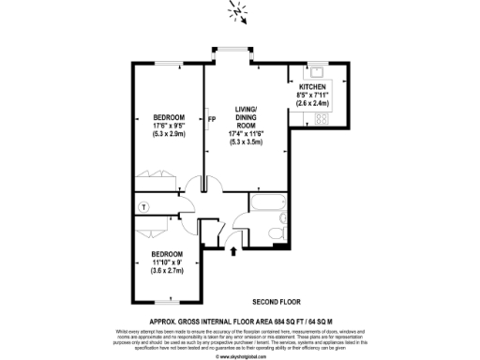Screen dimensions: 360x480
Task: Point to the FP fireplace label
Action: (x=213, y=119)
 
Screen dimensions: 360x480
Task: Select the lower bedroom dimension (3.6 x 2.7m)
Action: (x=166, y=270)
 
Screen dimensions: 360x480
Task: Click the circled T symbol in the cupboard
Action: (x=143, y=205)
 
